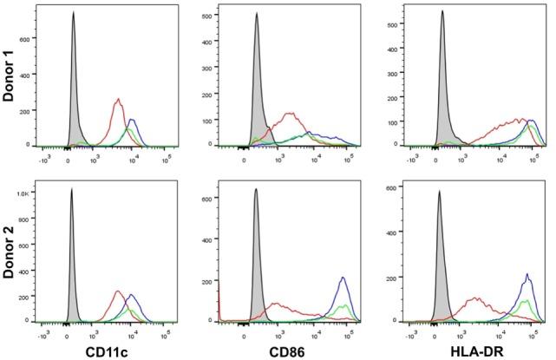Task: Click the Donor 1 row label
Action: click(x=12, y=75)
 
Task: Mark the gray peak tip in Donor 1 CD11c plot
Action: click(x=74, y=12)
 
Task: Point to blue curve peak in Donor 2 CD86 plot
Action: click(x=343, y=278)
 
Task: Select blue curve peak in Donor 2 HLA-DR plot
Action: click(x=527, y=275)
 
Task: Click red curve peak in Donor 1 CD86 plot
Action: click(x=290, y=113)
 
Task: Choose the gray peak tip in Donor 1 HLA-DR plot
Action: click(x=442, y=11)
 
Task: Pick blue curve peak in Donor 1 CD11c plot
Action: click(x=132, y=120)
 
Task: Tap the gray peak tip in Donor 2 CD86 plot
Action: click(x=256, y=189)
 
